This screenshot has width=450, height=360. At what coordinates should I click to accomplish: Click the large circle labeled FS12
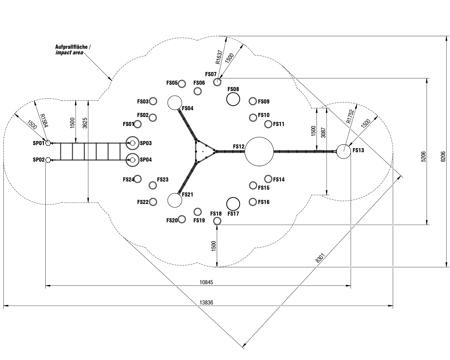tap(259, 151)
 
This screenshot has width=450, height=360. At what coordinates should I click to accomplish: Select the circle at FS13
tap(343, 151)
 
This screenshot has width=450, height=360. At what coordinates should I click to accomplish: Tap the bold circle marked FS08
tap(233, 99)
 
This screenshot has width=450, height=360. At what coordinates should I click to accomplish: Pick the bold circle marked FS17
tap(233, 204)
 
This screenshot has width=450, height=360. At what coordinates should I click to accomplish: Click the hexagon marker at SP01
tap(48, 143)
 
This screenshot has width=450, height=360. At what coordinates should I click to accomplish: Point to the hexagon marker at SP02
tap(48, 160)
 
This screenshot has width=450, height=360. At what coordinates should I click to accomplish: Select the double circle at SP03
tap(132, 143)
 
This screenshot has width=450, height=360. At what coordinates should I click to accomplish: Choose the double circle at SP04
tap(132, 160)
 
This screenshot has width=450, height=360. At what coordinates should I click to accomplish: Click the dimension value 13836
tap(207, 303)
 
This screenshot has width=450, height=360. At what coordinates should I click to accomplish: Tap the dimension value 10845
tap(207, 282)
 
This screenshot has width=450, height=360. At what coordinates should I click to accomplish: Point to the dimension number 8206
tap(443, 156)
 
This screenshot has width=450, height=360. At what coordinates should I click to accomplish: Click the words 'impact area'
tap(69, 53)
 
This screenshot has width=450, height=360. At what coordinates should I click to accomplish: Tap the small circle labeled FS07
tap(217, 82)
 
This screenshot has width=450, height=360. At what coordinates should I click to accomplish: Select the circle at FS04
tap(174, 103)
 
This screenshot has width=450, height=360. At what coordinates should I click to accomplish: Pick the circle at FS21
tap(174, 200)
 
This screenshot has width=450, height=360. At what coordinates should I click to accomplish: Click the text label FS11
tap(279, 124)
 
